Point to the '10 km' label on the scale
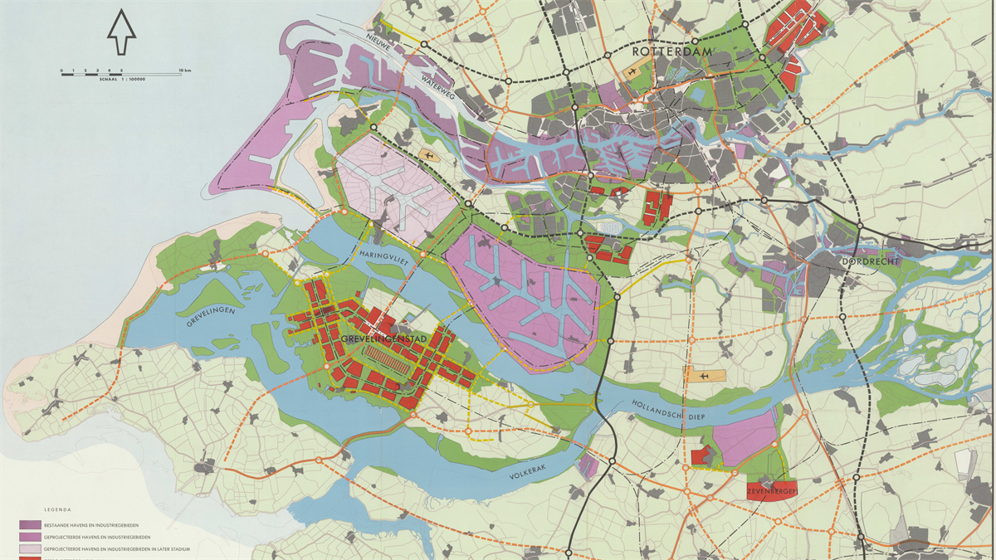185,70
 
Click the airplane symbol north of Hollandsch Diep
705,376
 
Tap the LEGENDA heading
58,509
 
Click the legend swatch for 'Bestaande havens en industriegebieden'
30,525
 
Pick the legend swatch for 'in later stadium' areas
30,548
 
